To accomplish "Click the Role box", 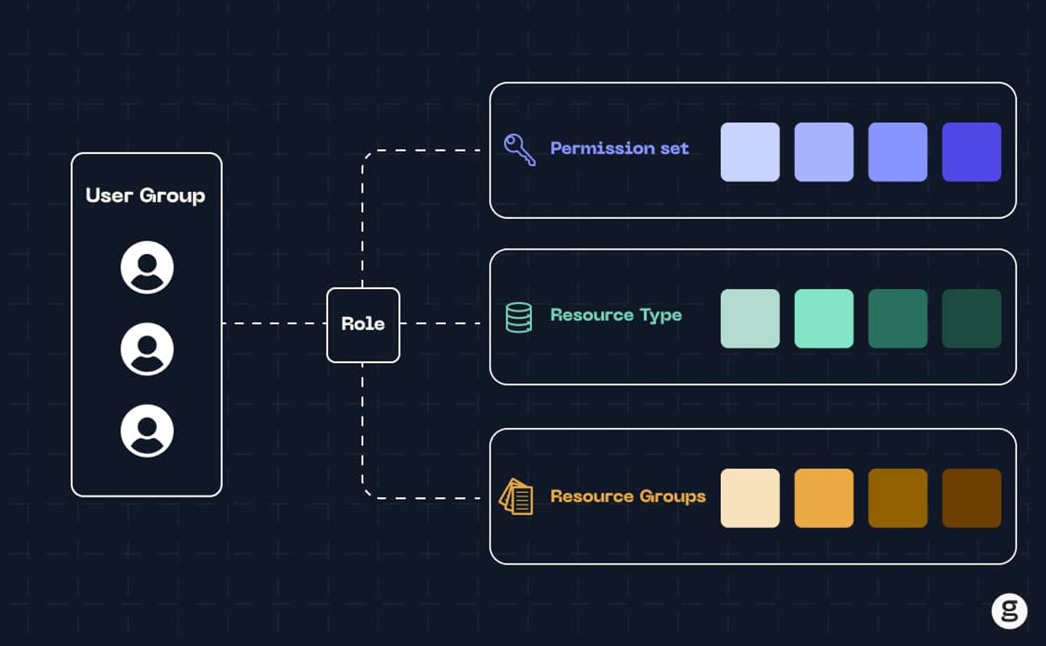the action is click(363, 325).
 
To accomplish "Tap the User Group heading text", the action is click(145, 196).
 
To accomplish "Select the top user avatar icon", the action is click(147, 267).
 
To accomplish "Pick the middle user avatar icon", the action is click(147, 350).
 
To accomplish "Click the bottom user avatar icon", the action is click(147, 431).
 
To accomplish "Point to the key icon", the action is click(519, 149).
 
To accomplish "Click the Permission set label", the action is click(619, 149).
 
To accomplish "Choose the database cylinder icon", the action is click(519, 317).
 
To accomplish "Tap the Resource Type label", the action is click(616, 315).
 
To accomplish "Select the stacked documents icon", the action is click(516, 497).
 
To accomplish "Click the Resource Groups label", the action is click(628, 496).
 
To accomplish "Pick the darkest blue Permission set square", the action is click(971, 152).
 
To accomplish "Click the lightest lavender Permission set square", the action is click(750, 152).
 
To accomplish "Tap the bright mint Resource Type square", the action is click(823, 318).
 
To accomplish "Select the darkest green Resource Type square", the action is click(971, 318).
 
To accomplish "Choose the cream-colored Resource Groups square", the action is click(750, 498).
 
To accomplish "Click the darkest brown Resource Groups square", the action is click(971, 498).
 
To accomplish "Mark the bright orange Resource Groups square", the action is click(823, 498).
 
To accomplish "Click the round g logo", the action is click(1009, 611).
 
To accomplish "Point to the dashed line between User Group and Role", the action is click(274, 323).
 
